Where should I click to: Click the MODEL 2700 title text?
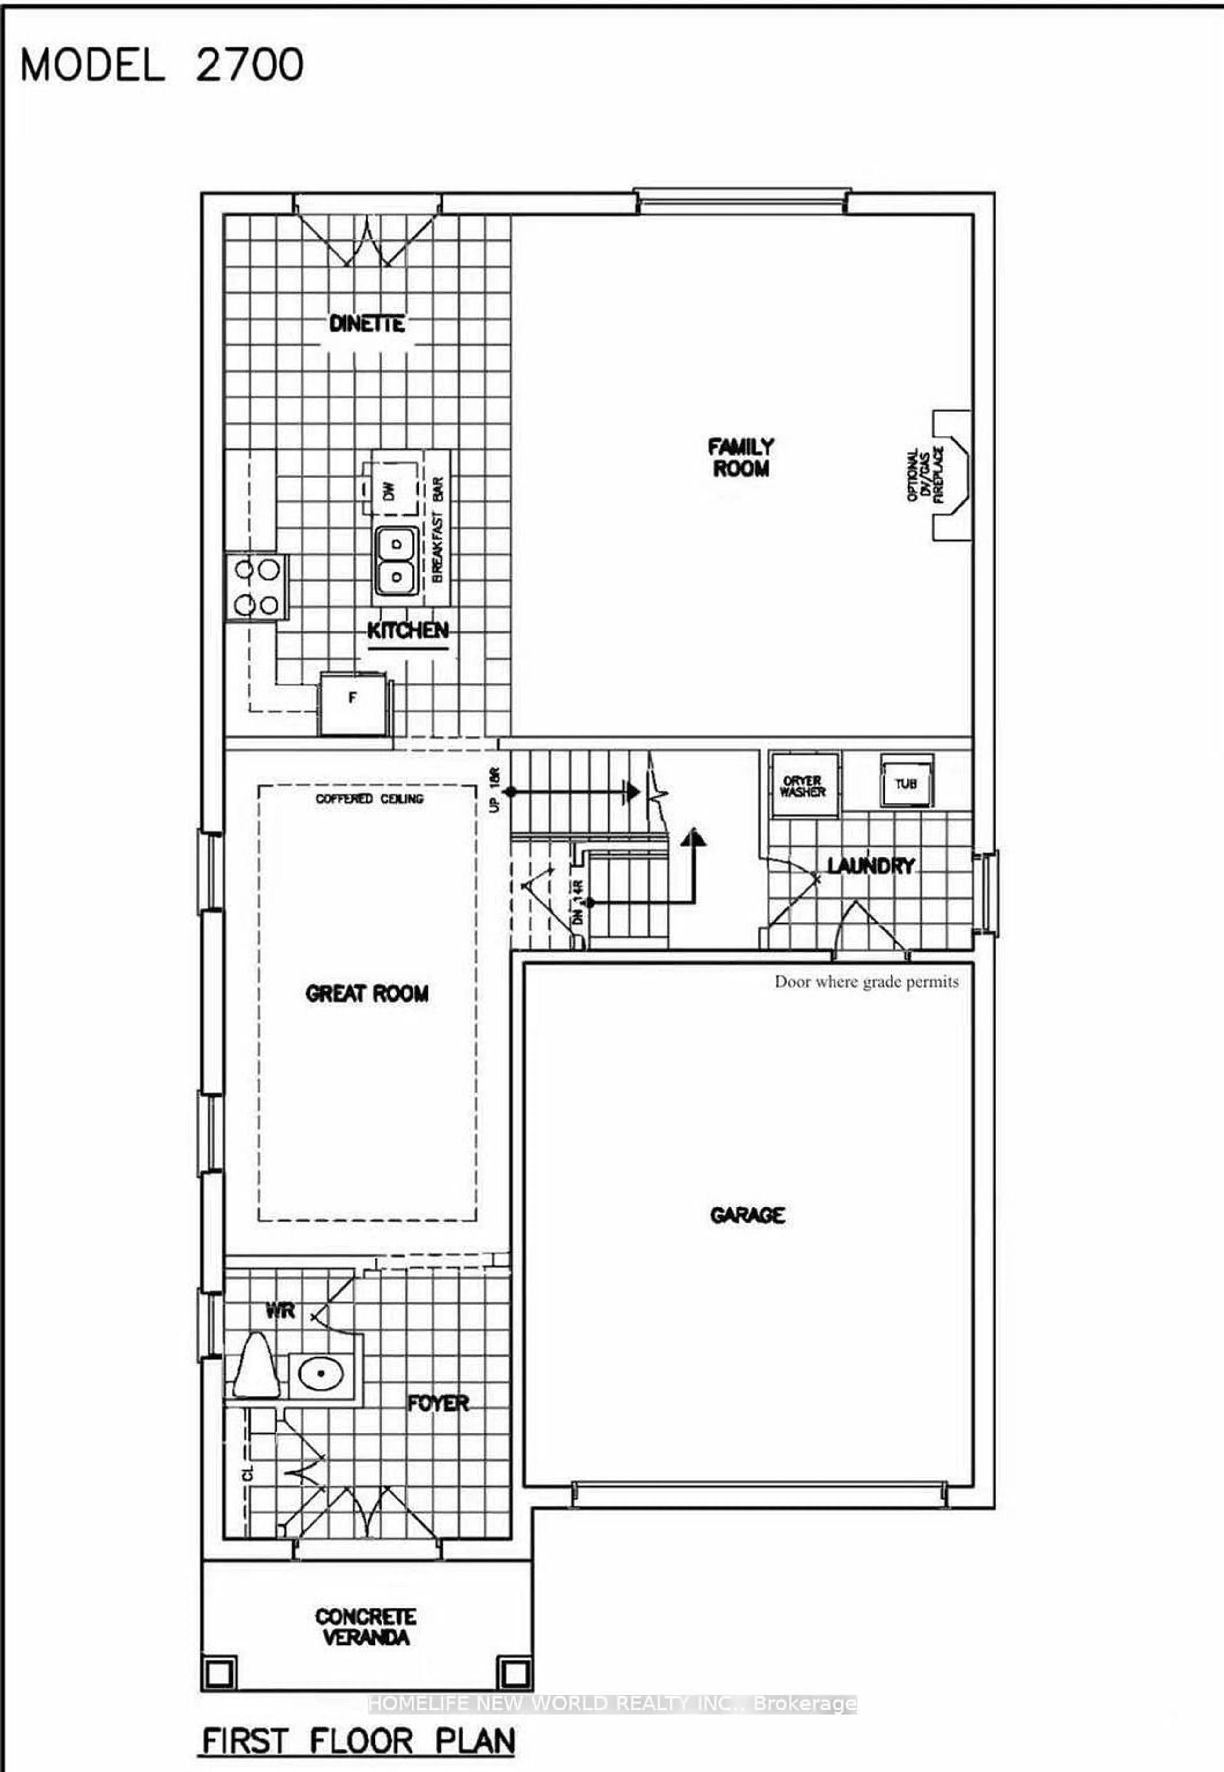click(x=162, y=65)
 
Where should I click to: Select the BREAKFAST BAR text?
click(x=437, y=529)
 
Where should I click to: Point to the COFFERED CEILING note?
click(x=369, y=799)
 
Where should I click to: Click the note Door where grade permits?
click(x=867, y=981)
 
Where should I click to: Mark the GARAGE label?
click(x=747, y=1215)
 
